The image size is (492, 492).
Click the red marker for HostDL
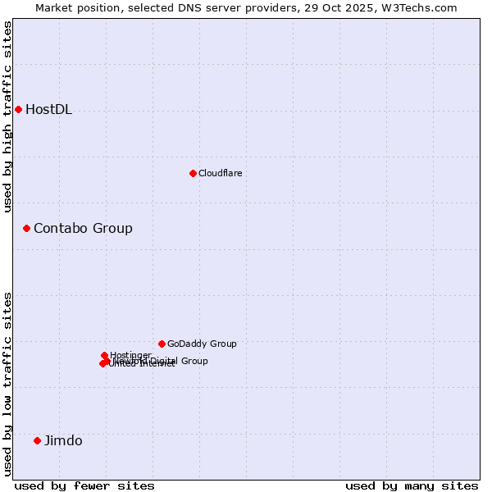tap(18, 109)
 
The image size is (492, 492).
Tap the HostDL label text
tap(48, 110)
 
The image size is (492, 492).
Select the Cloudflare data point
tap(193, 173)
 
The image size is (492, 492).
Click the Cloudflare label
tap(220, 173)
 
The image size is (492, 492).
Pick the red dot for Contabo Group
tap(26, 228)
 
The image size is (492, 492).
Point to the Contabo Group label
tap(83, 228)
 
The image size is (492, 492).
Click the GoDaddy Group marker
tap(162, 344)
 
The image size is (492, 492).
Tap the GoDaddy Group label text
tap(202, 344)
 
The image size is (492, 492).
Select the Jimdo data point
tap(37, 440)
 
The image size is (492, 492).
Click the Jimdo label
tap(63, 440)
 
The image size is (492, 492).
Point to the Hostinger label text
tap(130, 355)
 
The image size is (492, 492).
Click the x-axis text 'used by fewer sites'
tap(84, 485)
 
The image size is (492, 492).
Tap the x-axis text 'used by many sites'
tap(412, 485)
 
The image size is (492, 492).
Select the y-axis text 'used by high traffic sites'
tap(8, 116)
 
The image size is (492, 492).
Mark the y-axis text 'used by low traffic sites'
tap(8, 384)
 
